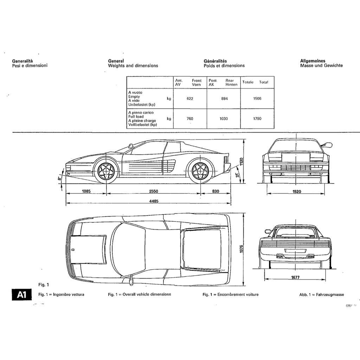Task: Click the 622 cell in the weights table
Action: coord(190,99)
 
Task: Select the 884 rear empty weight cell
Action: coord(224,99)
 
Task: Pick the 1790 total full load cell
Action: coord(257,119)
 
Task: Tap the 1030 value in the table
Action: coord(224,119)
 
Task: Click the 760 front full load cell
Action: coord(190,119)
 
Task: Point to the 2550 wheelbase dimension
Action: coord(154,191)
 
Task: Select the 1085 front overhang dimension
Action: coord(86,191)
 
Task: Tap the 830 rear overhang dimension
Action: coord(216,191)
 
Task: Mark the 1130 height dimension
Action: coord(241,161)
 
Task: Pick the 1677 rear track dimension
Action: coord(295,278)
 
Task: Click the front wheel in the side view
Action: coord(106,171)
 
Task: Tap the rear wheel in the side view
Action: coord(201,171)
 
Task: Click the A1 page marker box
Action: coord(21,295)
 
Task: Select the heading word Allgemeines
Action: coord(313,61)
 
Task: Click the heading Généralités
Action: coord(215,61)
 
